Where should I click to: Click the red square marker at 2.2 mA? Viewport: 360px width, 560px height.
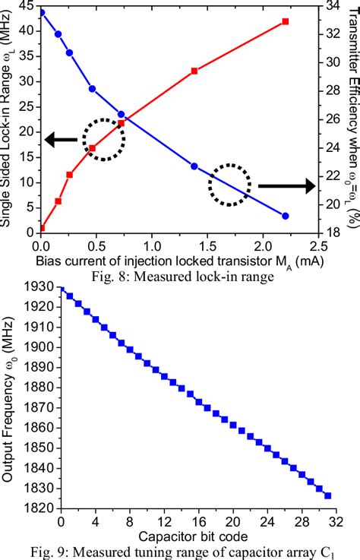[285, 21]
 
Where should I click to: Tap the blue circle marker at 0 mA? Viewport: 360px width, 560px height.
[41, 13]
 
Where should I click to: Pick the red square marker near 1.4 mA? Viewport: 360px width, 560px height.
[194, 71]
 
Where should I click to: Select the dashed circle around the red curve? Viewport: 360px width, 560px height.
[103, 138]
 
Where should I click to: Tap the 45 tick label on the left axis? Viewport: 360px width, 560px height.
[24, 6]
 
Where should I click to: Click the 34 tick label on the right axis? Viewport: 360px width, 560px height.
[335, 6]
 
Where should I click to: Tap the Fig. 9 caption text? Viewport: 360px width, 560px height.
[180, 551]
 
